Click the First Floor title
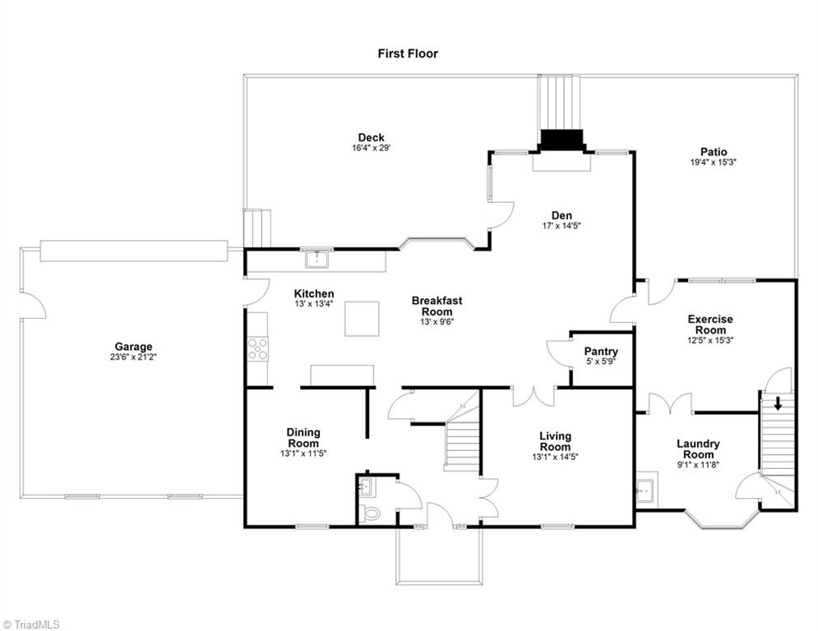408,53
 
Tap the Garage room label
133,347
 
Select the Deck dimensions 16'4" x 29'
371,149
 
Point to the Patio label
713,151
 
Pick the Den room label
562,215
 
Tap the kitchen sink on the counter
316,260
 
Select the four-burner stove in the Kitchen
258,349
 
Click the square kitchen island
362,319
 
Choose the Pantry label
601,352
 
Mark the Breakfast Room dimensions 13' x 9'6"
437,322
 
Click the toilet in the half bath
372,514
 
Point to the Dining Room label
303,437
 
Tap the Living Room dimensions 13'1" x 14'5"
555,458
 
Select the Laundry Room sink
645,491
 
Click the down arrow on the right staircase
778,403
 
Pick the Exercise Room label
710,325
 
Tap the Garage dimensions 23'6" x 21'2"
133,357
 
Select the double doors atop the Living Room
534,396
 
